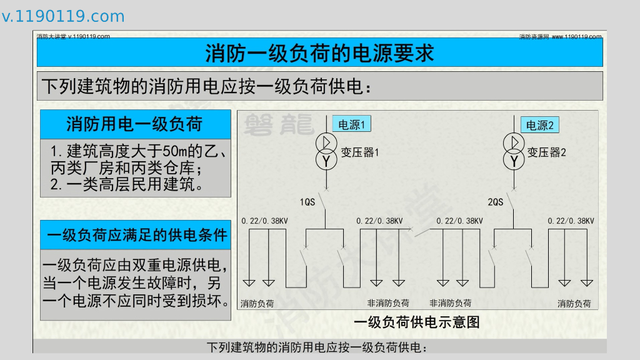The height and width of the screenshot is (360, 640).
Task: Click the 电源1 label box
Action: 351,124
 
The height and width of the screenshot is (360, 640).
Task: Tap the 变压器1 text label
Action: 360,152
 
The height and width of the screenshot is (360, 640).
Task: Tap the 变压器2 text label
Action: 547,152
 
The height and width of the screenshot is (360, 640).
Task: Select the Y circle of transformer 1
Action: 326,161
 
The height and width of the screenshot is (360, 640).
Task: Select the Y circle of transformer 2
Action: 514,161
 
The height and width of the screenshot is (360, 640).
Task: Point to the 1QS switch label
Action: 307,202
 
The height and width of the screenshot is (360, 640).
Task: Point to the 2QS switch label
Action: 495,202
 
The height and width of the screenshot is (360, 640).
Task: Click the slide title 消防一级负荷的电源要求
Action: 319,53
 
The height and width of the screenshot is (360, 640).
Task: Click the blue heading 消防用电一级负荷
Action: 134,124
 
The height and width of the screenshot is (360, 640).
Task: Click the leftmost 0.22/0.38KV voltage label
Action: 265,221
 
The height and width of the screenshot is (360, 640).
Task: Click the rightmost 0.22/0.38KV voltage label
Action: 571,221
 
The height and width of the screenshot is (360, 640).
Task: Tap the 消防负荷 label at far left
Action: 257,304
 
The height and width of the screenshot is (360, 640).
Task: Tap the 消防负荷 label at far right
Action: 574,304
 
